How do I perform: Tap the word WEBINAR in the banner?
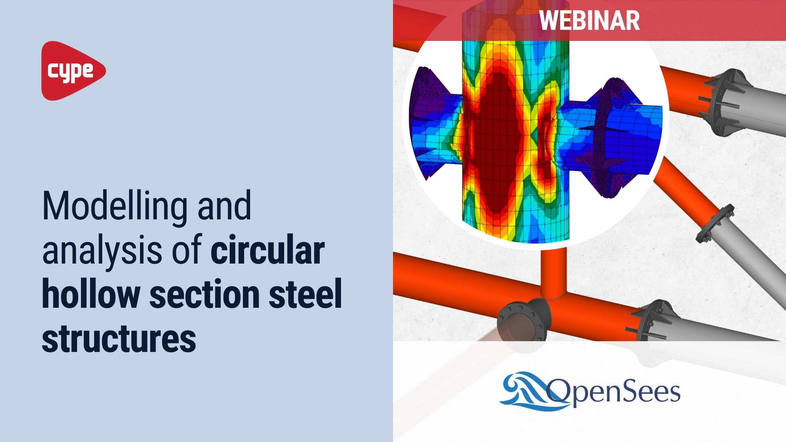click(589, 20)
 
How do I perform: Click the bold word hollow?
click(90, 294)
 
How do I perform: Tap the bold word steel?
click(305, 294)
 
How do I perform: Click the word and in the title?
click(224, 207)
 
